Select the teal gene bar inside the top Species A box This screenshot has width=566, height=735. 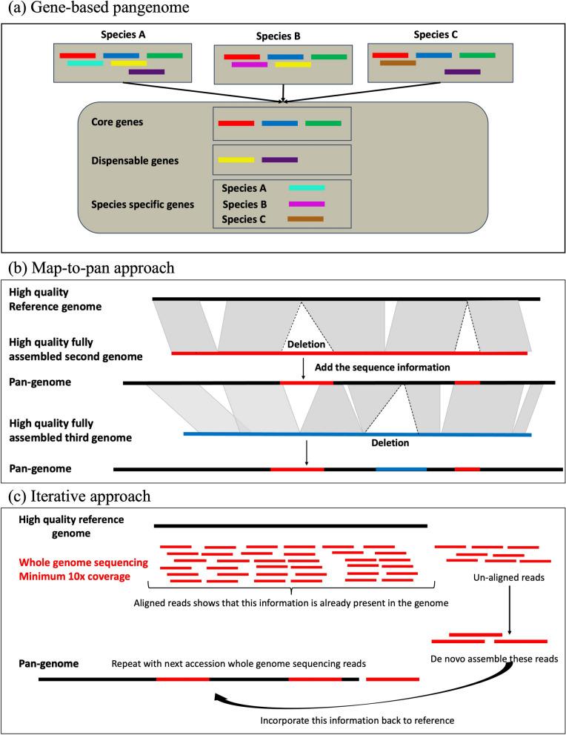point(85,64)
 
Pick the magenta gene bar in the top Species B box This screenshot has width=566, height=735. point(249,64)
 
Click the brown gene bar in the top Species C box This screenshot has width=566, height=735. point(398,63)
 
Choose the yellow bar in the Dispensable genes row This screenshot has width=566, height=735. point(236,159)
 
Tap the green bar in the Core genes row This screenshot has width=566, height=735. point(323,123)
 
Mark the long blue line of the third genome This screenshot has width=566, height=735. point(357,434)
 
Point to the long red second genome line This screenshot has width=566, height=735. point(349,354)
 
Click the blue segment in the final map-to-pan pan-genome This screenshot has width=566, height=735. point(401,469)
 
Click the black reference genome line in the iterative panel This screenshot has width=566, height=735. point(290,525)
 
